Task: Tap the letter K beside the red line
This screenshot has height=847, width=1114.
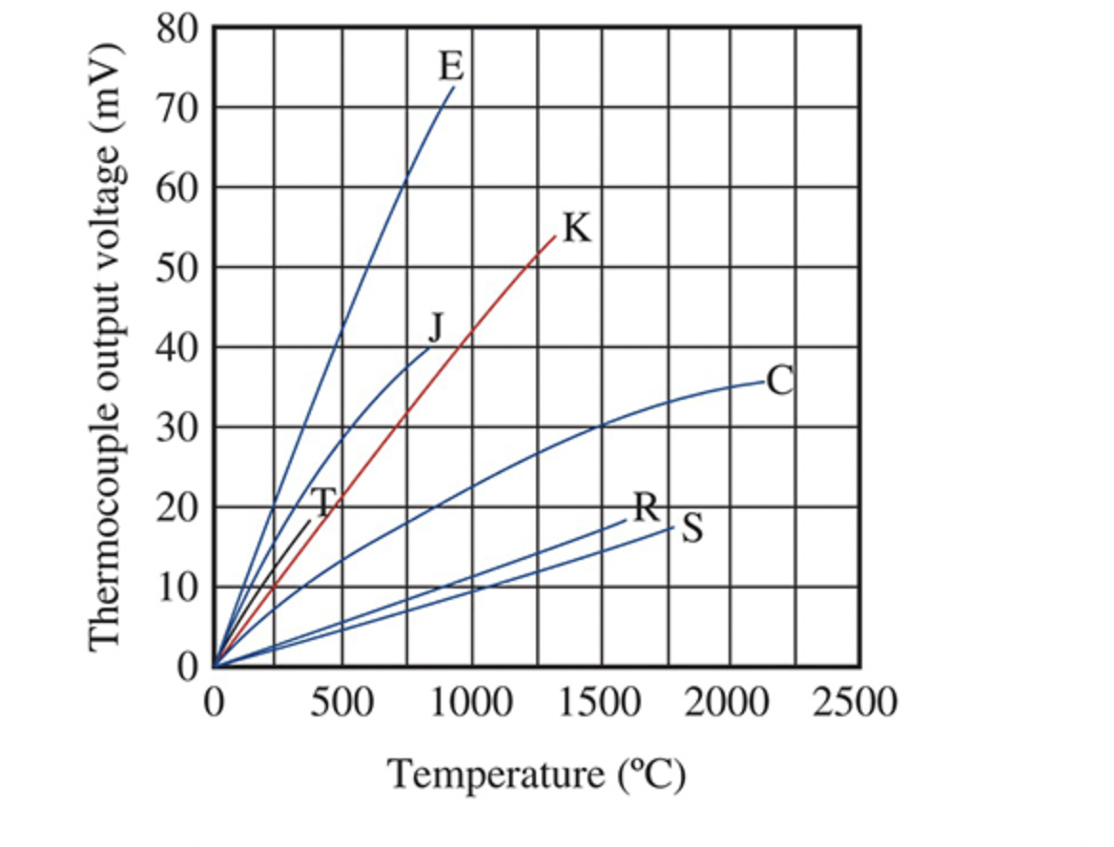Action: tap(577, 229)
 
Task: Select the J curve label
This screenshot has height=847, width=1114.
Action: tap(437, 327)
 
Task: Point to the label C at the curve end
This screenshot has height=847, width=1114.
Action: tap(780, 381)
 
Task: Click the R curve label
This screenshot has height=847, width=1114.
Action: tap(648, 507)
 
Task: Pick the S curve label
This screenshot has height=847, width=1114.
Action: tap(692, 528)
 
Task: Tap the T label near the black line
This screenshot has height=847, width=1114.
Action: tap(322, 502)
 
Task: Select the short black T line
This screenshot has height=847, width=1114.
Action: tap(261, 593)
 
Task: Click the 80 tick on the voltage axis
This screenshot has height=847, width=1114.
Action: tap(176, 30)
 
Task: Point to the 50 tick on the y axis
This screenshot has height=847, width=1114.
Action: tap(176, 269)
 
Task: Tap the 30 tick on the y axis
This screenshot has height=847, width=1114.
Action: tap(176, 427)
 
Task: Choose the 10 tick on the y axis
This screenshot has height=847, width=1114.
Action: tap(176, 588)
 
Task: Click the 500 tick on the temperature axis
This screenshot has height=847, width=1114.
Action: tap(341, 702)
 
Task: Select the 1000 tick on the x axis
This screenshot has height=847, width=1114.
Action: tap(471, 702)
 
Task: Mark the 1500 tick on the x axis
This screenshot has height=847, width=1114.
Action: tap(601, 702)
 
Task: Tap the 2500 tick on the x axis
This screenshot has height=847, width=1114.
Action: tap(856, 702)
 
